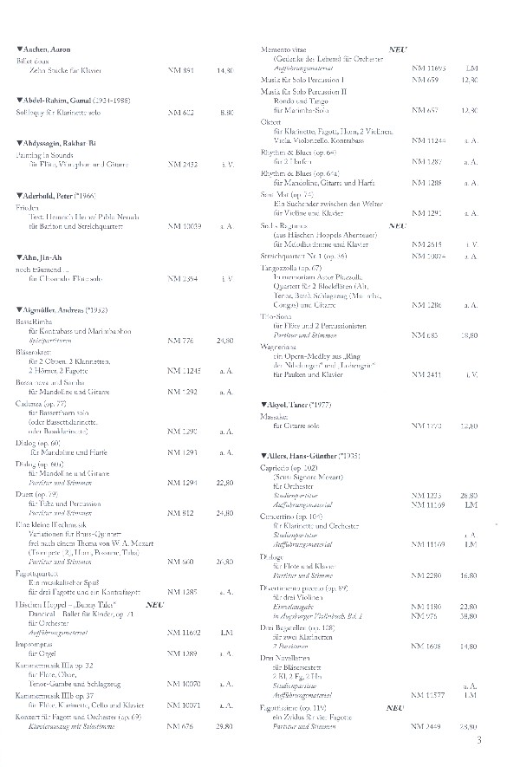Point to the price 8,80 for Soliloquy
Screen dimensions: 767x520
click(227, 112)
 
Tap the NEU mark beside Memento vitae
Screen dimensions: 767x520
click(398, 50)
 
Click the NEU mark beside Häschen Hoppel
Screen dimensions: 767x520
click(156, 603)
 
